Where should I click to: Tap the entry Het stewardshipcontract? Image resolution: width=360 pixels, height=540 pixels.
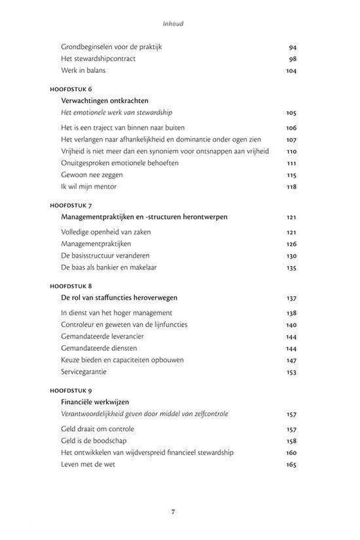point(98,58)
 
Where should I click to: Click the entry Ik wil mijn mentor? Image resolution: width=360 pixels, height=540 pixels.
point(89,186)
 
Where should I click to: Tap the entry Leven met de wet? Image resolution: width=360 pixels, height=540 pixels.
point(88,464)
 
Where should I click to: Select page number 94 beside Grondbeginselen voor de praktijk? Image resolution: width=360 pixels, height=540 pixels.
point(292,47)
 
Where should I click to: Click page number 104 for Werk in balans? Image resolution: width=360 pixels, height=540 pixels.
point(291,70)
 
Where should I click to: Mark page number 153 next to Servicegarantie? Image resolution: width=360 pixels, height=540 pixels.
point(291,373)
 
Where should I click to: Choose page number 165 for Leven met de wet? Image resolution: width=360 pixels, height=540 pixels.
point(291,464)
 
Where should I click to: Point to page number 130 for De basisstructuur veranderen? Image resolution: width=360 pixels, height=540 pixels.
point(291,256)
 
